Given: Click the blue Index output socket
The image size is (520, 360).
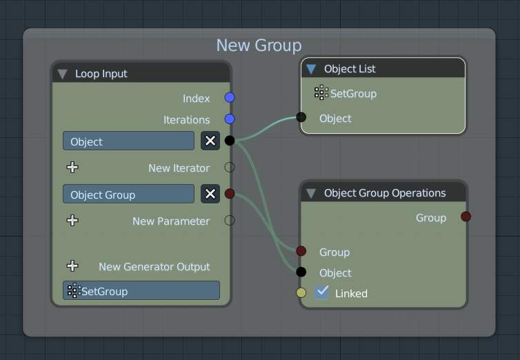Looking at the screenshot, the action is pos(230,97).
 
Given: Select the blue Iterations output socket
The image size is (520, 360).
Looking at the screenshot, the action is pos(230,119).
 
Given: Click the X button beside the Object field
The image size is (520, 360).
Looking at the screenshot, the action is pos(210,141).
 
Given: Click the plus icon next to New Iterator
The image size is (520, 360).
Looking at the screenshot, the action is pos(72,168).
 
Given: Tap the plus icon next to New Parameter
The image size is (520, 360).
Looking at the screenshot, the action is pos(72,221).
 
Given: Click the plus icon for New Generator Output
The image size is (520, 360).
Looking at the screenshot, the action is pos(72,266).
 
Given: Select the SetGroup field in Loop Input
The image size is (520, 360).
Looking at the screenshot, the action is pos(141,291).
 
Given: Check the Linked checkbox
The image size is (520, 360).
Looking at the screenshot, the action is pos(321,292).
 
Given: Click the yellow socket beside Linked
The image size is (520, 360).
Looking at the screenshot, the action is pos(301,292).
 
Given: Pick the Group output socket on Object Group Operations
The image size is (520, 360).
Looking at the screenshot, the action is pos(466,217).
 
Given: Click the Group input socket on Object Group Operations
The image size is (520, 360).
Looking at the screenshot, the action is pos(301,251).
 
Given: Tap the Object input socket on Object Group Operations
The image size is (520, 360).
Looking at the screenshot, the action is pos(301,272).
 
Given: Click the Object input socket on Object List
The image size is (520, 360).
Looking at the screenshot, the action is pos(301,117).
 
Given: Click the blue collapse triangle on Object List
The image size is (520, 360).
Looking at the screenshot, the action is pos(311,69).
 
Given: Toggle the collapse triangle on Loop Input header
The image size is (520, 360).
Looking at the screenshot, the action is pos(62,74).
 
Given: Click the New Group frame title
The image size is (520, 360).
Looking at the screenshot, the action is pos(259,46).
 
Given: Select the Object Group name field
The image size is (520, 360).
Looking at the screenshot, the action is pos(129,194).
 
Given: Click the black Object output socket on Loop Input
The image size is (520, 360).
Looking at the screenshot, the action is pos(230,141).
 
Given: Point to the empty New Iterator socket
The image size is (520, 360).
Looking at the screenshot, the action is pos(230,167).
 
